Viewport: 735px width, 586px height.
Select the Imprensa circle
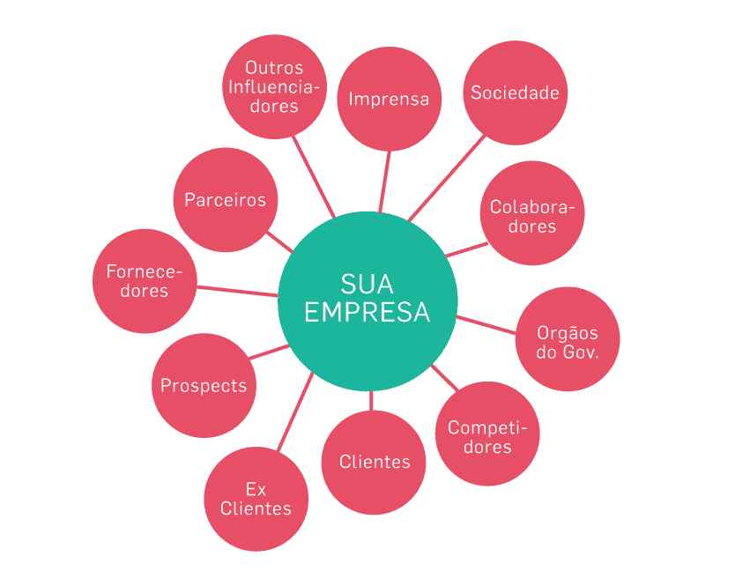click(389, 98)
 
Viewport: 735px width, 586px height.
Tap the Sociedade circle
click(515, 93)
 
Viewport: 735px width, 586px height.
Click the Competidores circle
click(487, 434)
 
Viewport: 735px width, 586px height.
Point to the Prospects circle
click(204, 386)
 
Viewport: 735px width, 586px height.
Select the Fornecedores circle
click(145, 281)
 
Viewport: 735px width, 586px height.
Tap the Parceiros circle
click(225, 200)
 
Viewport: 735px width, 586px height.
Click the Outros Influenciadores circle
click(273, 86)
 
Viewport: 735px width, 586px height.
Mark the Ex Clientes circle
click(256, 500)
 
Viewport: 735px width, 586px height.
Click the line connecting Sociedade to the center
click(448, 177)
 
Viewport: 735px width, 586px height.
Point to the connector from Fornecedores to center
click(236, 291)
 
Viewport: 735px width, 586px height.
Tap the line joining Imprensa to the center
click(385, 181)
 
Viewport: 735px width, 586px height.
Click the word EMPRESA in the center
click(367, 312)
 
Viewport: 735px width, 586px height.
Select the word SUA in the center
click(367, 284)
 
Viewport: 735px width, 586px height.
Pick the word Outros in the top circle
click(274, 68)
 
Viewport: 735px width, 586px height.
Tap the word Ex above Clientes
click(256, 489)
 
